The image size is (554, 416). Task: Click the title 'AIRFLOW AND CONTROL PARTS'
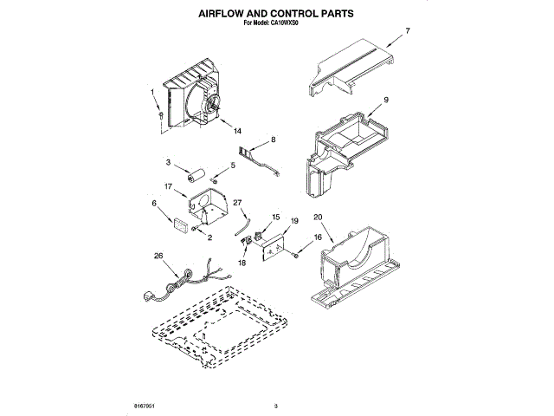pyautogui.click(x=276, y=15)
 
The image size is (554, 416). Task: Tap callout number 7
pyautogui.click(x=409, y=31)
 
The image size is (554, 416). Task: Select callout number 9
pyautogui.click(x=386, y=101)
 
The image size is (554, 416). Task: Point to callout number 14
pyautogui.click(x=237, y=131)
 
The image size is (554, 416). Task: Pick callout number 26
pyautogui.click(x=158, y=255)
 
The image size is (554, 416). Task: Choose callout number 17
pyautogui.click(x=169, y=185)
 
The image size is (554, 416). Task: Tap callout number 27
pyautogui.click(x=236, y=203)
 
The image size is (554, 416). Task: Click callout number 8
pyautogui.click(x=273, y=139)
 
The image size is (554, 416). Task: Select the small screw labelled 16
pyautogui.click(x=297, y=252)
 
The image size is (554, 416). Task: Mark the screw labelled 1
pyautogui.click(x=160, y=114)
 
